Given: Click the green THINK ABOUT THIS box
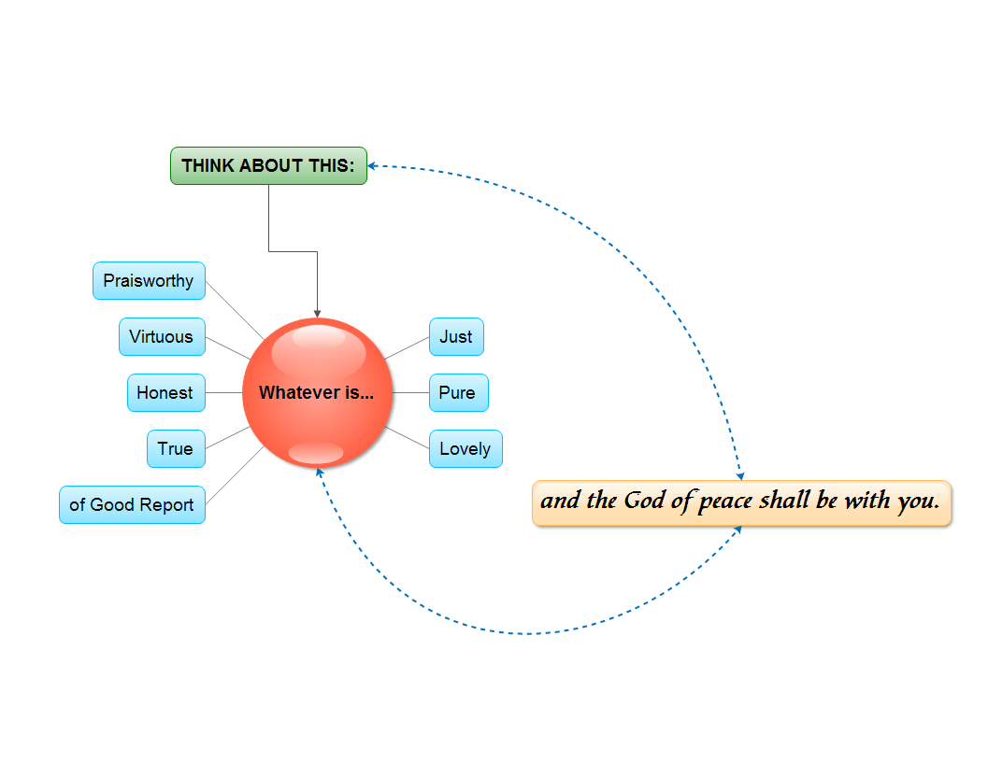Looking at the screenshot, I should pos(268,166).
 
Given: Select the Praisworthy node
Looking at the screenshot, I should pos(149,281).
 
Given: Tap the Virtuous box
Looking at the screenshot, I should pos(162,337).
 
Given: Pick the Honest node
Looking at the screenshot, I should pos(165,393).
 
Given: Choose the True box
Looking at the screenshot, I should pos(176,449).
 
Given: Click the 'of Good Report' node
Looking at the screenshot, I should pos(132,505).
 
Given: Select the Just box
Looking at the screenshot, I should pos(456,337).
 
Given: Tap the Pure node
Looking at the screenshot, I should pos(458,393).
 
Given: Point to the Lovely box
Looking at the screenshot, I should pos(465,449).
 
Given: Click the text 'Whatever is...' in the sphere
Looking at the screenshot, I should pos(316,393).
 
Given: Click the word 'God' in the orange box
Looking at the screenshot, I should pos(644,501).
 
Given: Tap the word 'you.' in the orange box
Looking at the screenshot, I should pos(918,502).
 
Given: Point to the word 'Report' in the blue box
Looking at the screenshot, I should pos(167,505).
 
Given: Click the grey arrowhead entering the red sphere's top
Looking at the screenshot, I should pos(318,312).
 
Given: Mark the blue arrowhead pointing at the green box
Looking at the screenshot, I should pos(372,166).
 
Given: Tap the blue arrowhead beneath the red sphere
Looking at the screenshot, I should pos(320,473).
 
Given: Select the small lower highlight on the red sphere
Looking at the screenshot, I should pos(316,453).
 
